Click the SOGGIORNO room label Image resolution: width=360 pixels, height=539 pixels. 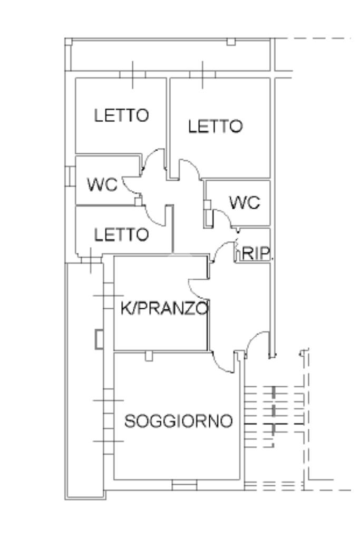coord(179,421)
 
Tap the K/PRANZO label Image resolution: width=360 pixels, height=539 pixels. coord(164,308)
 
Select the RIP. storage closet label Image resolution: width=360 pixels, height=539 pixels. coord(256,253)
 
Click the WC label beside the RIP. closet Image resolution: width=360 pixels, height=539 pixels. coord(245,202)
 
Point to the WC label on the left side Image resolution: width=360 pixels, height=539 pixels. coord(102,184)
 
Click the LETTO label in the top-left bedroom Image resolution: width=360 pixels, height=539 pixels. coord(121,115)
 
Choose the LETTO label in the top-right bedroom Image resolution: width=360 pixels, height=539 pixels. coord(215,126)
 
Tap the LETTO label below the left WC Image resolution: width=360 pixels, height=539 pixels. coord(121,235)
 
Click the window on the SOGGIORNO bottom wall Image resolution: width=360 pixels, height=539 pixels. coord(184,485)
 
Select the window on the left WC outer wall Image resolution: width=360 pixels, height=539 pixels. coord(70,176)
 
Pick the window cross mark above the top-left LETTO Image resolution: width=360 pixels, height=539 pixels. coord(133,75)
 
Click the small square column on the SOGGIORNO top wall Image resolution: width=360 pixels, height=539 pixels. coord(149,356)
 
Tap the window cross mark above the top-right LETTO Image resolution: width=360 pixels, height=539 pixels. coord(203,75)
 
